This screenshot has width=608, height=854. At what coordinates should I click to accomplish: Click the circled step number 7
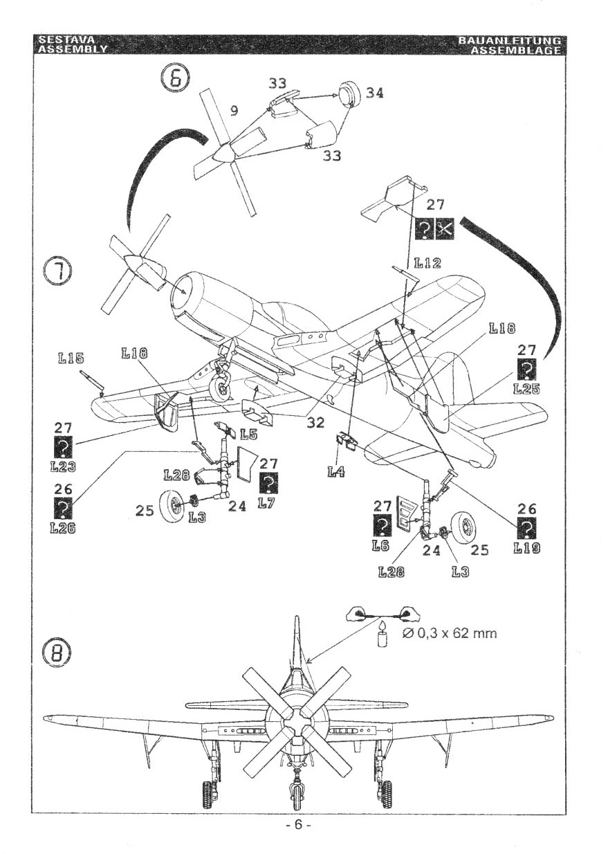(x=58, y=270)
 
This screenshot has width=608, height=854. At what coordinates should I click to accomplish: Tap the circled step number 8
(x=58, y=651)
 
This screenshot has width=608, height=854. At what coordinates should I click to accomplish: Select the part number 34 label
(x=374, y=93)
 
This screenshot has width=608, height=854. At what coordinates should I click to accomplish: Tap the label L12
(x=427, y=264)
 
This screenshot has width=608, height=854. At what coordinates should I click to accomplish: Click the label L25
(x=527, y=390)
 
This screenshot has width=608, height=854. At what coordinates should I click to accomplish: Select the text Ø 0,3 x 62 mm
(x=450, y=633)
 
